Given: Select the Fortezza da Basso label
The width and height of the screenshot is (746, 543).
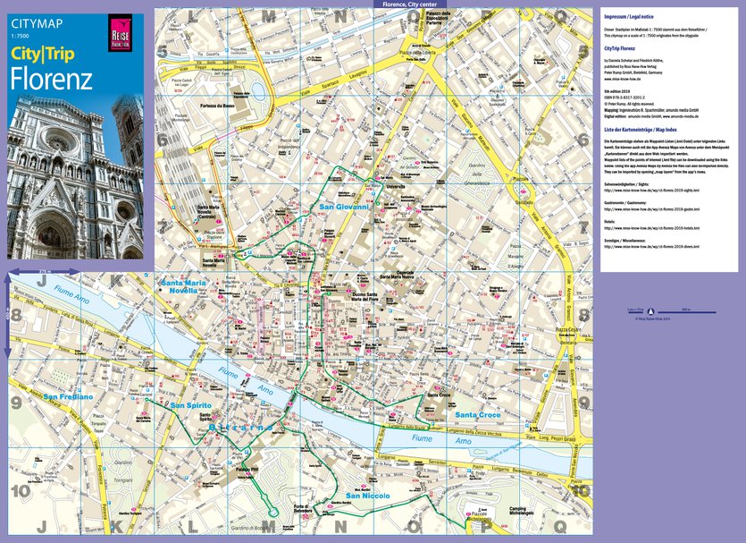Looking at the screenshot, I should point(217,105).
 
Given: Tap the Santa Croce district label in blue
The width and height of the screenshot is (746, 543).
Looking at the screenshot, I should point(479,415).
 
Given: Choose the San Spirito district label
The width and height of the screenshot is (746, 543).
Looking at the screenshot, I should point(190,405).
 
